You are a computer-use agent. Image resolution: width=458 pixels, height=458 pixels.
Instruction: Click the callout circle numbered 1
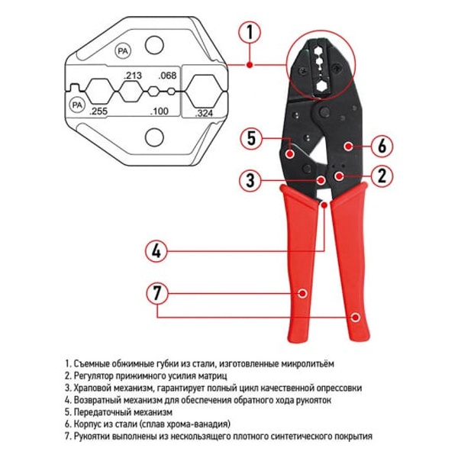coord(250,32)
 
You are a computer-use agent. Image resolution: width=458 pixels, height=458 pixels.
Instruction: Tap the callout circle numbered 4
coord(156,251)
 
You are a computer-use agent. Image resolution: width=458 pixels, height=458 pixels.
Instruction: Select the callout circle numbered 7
coord(156,293)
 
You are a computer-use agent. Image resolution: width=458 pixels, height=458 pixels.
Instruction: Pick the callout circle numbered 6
coord(382,146)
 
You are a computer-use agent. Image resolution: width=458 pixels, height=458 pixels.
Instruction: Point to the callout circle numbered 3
coord(250,180)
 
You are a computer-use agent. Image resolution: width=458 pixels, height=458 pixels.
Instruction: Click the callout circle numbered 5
coord(251,138)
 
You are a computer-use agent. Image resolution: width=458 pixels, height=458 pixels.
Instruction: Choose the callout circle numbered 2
coord(382,176)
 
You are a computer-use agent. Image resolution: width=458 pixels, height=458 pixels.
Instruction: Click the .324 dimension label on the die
coord(204,113)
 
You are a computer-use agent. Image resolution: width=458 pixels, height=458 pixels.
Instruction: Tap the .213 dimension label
coord(133,76)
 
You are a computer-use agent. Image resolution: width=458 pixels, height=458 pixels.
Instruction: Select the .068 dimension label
coord(167,76)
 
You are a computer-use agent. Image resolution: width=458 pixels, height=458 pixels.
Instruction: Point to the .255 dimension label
coord(98,111)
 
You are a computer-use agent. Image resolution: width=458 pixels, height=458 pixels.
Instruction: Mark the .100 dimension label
coord(160,111)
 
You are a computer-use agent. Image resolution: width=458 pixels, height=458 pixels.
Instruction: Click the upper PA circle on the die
coord(123,51)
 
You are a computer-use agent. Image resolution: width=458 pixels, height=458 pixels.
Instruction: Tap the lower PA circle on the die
coord(77,105)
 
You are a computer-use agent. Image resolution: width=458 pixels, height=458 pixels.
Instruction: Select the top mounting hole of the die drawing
coord(154,45)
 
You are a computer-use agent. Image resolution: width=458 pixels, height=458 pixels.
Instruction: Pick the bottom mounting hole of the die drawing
coord(154,137)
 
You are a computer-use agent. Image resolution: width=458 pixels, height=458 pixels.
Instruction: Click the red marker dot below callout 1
coord(250,65)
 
